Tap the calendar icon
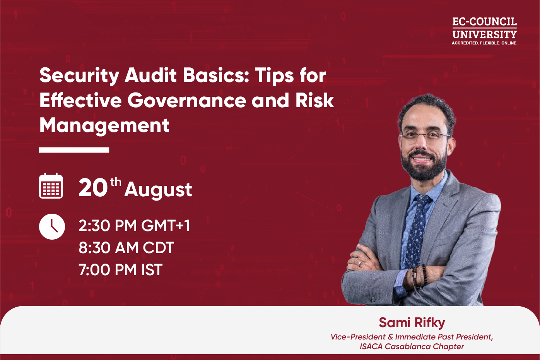click(x=51, y=186)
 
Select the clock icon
click(x=52, y=226)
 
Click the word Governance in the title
click(x=187, y=101)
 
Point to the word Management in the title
click(x=104, y=126)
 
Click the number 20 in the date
click(x=93, y=188)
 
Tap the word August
click(x=158, y=190)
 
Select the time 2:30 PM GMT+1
click(x=134, y=226)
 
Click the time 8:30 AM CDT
click(x=126, y=248)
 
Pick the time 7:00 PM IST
click(x=120, y=270)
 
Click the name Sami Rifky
click(x=412, y=322)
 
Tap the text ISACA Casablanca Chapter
click(x=412, y=346)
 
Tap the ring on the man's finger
click(x=361, y=263)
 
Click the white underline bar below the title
click(x=74, y=150)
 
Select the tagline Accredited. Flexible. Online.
click(x=484, y=43)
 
